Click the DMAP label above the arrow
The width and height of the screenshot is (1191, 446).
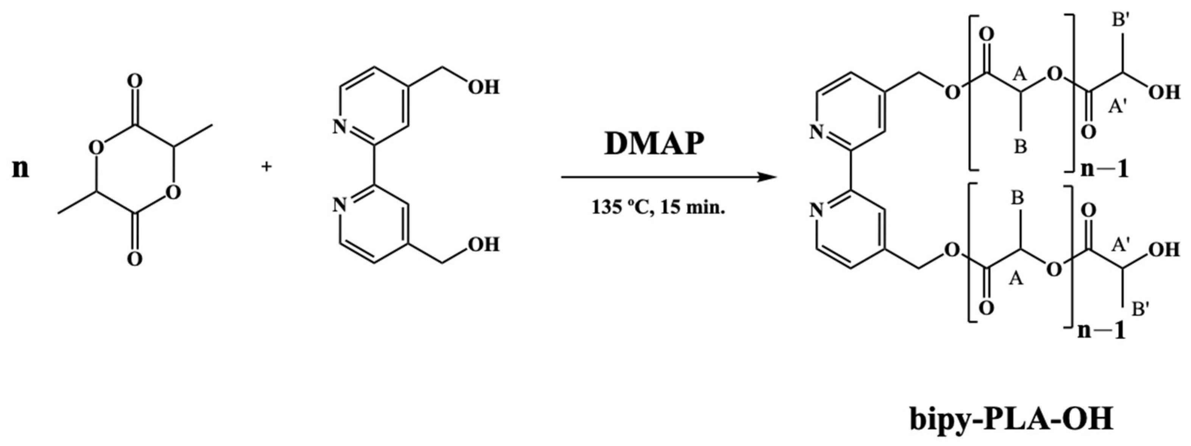tap(654, 144)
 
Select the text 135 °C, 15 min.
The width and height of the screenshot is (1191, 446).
tap(658, 207)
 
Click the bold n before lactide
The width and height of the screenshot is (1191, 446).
tap(20, 169)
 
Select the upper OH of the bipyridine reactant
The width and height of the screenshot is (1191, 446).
tap(483, 87)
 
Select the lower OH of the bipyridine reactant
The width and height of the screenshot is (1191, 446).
tap(483, 245)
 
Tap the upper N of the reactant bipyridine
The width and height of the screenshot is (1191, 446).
tap(340, 126)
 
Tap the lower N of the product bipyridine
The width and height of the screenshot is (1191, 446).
tap(817, 211)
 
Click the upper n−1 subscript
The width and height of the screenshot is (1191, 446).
tap(1105, 170)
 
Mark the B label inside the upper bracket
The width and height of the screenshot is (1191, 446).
tap(1020, 147)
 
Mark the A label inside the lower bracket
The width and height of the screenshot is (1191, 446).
tap(1016, 278)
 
